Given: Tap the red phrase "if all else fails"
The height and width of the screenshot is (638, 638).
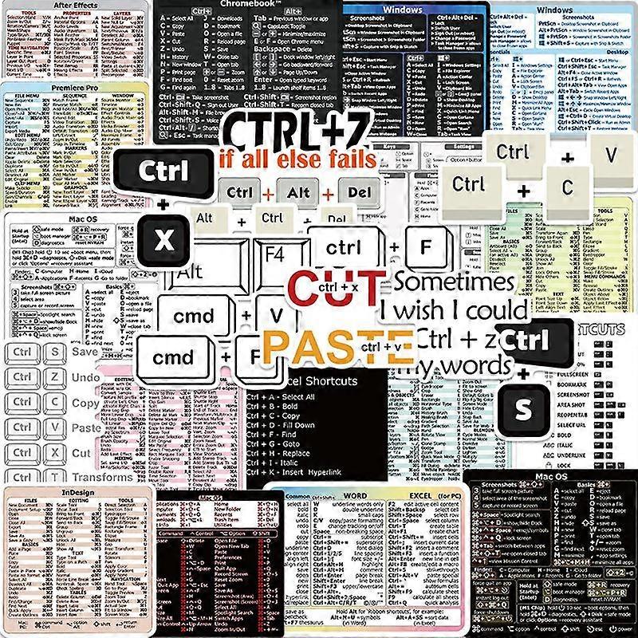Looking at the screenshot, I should pyautogui.click(x=296, y=158).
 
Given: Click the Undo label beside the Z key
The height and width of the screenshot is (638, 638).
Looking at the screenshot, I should pyautogui.click(x=85, y=376).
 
